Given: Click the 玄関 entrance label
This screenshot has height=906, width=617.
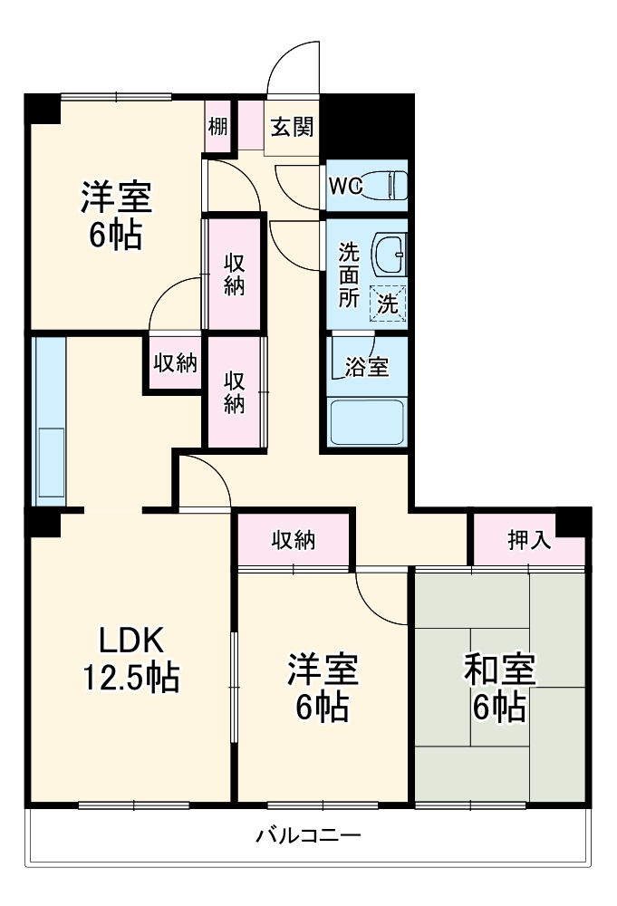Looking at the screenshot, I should [x=293, y=128].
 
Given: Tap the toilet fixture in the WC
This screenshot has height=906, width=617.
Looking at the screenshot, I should [x=390, y=186].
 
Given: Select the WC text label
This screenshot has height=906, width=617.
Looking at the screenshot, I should [x=345, y=186].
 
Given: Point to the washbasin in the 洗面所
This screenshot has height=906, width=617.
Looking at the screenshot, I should [x=390, y=253].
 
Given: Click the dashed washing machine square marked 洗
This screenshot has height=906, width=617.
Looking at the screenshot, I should [x=388, y=305].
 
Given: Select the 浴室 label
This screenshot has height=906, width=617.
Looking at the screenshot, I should [x=368, y=367].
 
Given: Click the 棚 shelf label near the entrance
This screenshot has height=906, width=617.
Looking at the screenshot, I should [x=218, y=127].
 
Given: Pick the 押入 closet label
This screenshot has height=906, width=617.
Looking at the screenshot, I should [x=528, y=541].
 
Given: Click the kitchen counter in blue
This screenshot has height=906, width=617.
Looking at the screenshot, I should [x=49, y=421].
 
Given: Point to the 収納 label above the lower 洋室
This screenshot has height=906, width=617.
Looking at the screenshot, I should [x=294, y=541].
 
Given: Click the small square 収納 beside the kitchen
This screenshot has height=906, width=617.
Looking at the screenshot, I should [x=174, y=363].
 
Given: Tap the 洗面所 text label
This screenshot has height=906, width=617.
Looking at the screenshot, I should [x=349, y=275].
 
